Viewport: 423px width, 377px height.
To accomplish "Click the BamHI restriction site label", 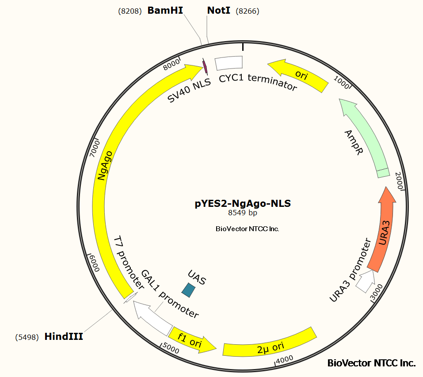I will (x=165, y=11).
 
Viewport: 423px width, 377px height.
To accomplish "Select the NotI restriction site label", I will (x=219, y=11).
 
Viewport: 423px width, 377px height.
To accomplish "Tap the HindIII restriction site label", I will (x=64, y=337).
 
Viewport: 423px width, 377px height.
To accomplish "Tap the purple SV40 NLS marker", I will (x=205, y=66).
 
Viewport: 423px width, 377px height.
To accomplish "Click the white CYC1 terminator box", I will (x=229, y=63).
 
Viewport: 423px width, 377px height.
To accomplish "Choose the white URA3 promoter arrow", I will (x=365, y=281).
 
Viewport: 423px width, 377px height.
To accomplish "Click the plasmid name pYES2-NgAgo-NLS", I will (x=243, y=204).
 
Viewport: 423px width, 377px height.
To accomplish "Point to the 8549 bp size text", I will (x=243, y=213).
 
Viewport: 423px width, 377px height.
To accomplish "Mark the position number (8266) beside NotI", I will (x=248, y=11).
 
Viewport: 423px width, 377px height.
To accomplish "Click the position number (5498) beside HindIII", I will (x=27, y=337).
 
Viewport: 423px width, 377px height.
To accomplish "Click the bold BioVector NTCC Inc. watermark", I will (x=371, y=363).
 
